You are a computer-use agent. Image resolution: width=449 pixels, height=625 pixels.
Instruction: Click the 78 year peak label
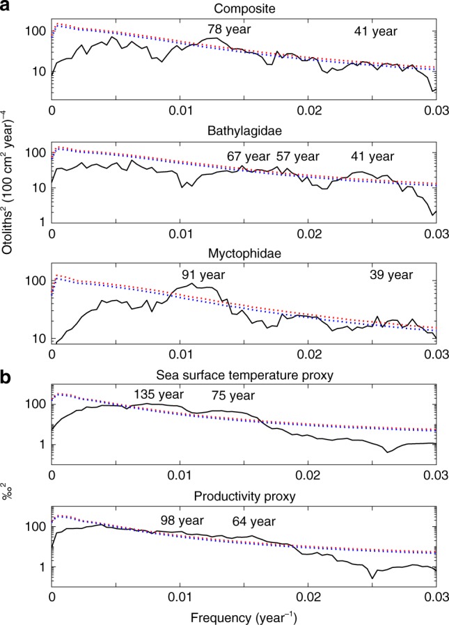tap(228, 30)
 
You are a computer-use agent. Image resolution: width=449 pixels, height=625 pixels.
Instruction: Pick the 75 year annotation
tap(234, 396)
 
